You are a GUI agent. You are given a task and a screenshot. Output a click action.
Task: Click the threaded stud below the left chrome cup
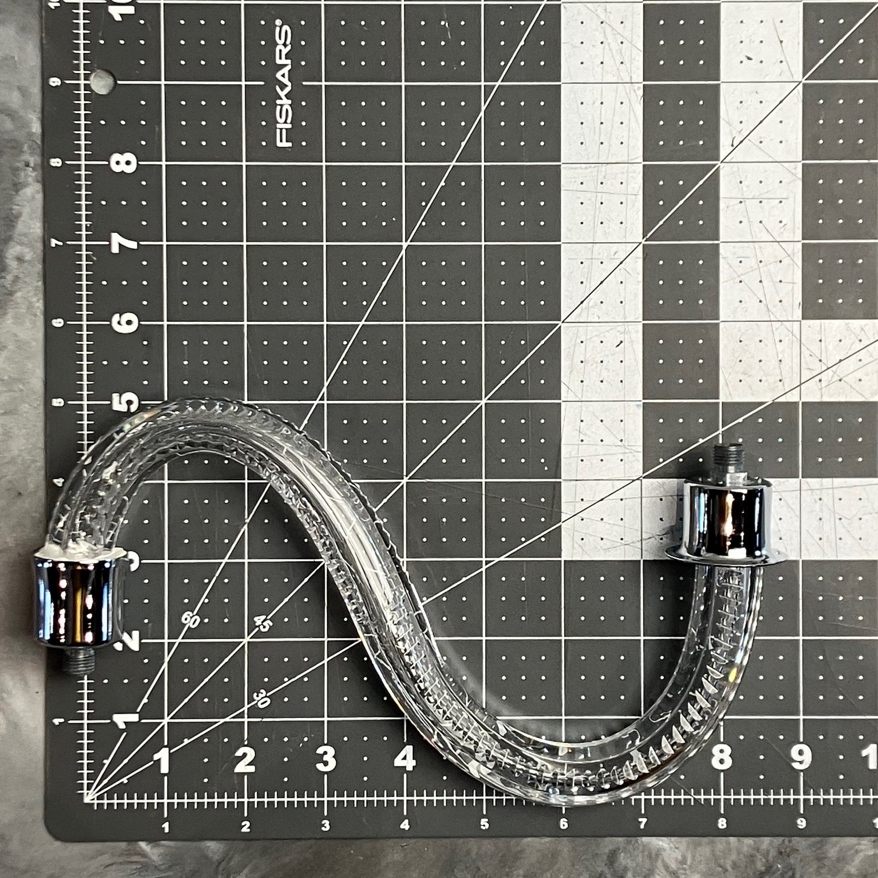tap(77, 660)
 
